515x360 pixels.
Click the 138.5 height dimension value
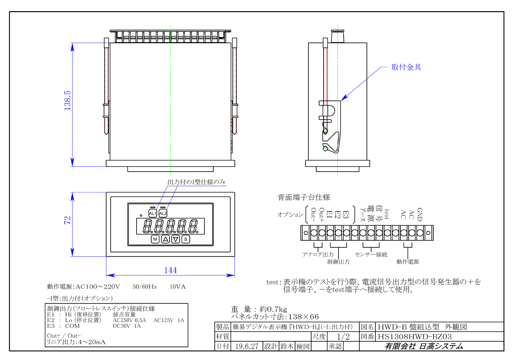(67, 101)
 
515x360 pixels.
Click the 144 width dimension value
(170, 270)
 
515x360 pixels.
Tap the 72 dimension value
(67, 220)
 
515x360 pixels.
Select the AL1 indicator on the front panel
(153, 213)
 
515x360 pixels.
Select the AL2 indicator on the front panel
(163, 213)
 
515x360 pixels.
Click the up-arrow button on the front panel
(165, 239)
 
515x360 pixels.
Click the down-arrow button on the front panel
(175, 239)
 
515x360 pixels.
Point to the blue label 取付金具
(406, 67)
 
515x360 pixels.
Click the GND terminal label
(420, 214)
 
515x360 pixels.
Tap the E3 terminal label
(346, 214)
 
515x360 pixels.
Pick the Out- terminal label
(313, 214)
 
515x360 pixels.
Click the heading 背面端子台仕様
(304, 197)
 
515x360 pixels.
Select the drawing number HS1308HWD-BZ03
(415, 337)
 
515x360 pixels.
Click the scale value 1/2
(343, 337)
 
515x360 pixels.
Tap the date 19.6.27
(247, 346)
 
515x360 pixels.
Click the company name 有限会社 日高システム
(424, 346)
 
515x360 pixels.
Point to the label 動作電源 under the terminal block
(407, 262)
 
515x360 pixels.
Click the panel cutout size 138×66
(303, 317)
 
